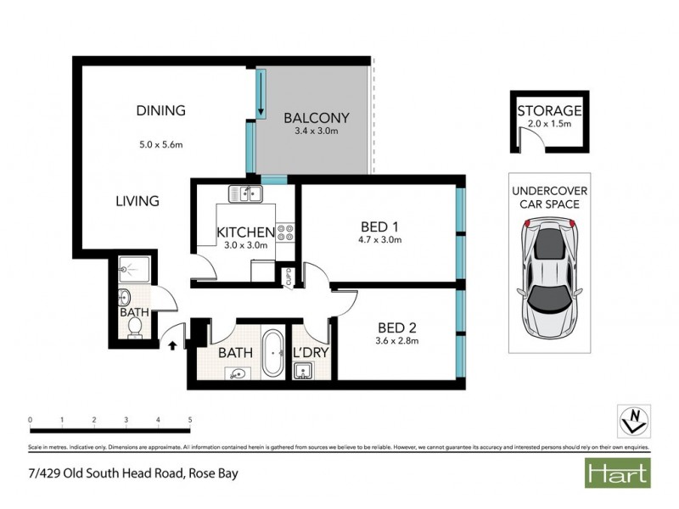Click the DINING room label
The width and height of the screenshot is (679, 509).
(x=161, y=111)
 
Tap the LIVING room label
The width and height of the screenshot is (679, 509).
(x=137, y=201)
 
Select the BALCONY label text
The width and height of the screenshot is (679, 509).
(x=316, y=117)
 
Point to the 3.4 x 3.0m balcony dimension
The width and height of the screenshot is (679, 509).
(x=316, y=131)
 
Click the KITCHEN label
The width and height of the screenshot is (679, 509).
(x=245, y=232)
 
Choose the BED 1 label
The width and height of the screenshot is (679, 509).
(x=379, y=227)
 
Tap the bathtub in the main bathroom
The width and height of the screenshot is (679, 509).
(x=272, y=355)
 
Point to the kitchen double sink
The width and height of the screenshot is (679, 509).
(x=248, y=193)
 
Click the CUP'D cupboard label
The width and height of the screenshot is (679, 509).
(x=289, y=277)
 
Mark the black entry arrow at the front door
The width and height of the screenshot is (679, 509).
(x=173, y=345)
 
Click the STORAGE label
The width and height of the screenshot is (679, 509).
(x=548, y=111)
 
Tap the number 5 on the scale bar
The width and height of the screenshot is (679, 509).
(x=189, y=419)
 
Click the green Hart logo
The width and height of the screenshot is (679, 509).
(x=617, y=473)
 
